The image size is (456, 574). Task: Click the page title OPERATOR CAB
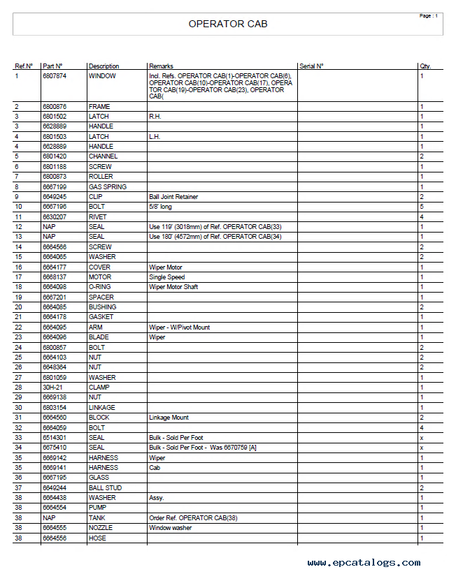228,24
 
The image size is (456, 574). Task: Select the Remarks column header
161,66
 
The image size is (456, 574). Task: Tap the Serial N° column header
311,66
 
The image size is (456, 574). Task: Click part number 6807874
55,76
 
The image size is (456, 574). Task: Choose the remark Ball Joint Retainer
173,197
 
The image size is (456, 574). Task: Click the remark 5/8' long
162,207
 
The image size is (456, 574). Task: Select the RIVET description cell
97,217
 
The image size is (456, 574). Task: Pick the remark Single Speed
166,277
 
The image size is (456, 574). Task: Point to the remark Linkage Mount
169,418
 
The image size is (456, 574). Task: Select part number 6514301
54,438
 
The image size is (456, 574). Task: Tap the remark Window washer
170,528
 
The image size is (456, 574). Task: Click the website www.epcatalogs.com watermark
364,563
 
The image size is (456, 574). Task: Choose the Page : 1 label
428,16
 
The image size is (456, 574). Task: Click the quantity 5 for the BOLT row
422,207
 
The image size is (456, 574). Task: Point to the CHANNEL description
103,156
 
